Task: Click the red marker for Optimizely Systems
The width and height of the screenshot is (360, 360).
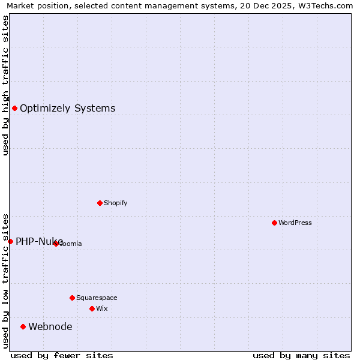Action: point(14,108)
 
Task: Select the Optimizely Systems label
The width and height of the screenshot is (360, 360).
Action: point(67,109)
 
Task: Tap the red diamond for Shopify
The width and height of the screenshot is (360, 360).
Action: point(100,203)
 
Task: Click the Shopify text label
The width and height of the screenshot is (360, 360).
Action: point(115,203)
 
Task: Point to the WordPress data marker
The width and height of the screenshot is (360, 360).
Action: point(274,223)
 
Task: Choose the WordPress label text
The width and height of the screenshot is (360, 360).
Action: point(295,223)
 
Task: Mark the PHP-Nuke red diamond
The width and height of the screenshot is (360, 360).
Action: point(10,241)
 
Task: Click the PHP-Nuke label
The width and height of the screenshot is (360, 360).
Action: point(39,241)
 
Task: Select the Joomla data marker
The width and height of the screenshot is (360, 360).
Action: point(56,244)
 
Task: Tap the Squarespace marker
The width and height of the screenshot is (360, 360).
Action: point(72,298)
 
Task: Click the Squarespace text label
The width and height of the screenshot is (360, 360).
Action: point(97,298)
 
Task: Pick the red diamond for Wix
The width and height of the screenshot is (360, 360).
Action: point(92,308)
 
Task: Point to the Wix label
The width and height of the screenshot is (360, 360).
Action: point(101,308)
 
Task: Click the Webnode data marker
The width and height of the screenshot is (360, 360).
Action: point(23,326)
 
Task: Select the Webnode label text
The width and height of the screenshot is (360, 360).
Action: point(50,326)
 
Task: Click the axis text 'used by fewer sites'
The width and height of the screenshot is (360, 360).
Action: point(62,355)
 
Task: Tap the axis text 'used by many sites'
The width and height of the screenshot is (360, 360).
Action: point(301,355)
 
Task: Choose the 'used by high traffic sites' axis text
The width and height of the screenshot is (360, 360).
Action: point(5,85)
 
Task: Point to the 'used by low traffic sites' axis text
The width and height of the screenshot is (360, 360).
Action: point(5,281)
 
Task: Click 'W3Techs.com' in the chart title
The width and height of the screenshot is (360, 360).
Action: point(328,5)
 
